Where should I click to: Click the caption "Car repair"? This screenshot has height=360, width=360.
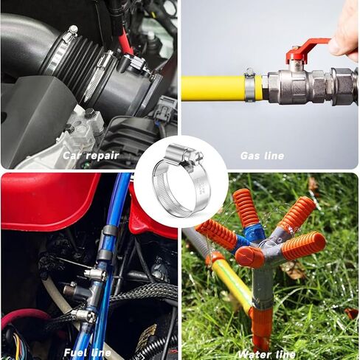[91, 156]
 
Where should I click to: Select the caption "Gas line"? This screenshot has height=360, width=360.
[262, 156]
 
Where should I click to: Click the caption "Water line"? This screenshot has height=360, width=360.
[266, 354]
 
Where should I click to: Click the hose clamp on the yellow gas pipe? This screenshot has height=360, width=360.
[250, 85]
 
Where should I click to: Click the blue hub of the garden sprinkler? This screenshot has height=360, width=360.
[255, 235]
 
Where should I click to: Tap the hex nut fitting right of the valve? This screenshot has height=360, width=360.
[342, 85]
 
